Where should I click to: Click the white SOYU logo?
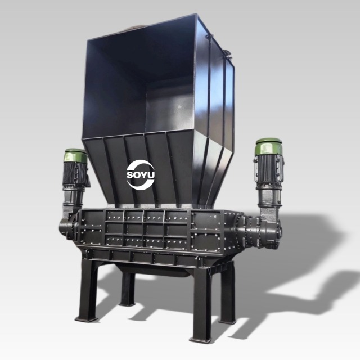tap(140, 175)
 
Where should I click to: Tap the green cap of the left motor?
tap(76, 156)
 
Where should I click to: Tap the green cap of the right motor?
tap(269, 146)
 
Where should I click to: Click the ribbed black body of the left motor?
tap(75, 174)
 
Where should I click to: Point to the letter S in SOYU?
tap(130, 175)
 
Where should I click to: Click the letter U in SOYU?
tap(151, 175)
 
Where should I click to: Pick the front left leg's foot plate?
tap(87, 319)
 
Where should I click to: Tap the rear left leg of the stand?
tap(128, 289)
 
